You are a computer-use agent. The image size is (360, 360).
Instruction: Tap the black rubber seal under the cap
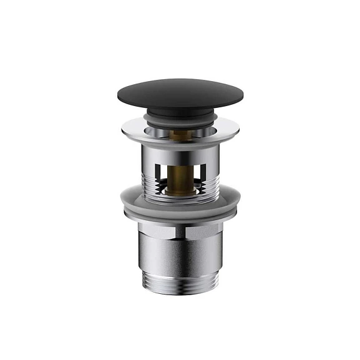pos(180,116)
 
